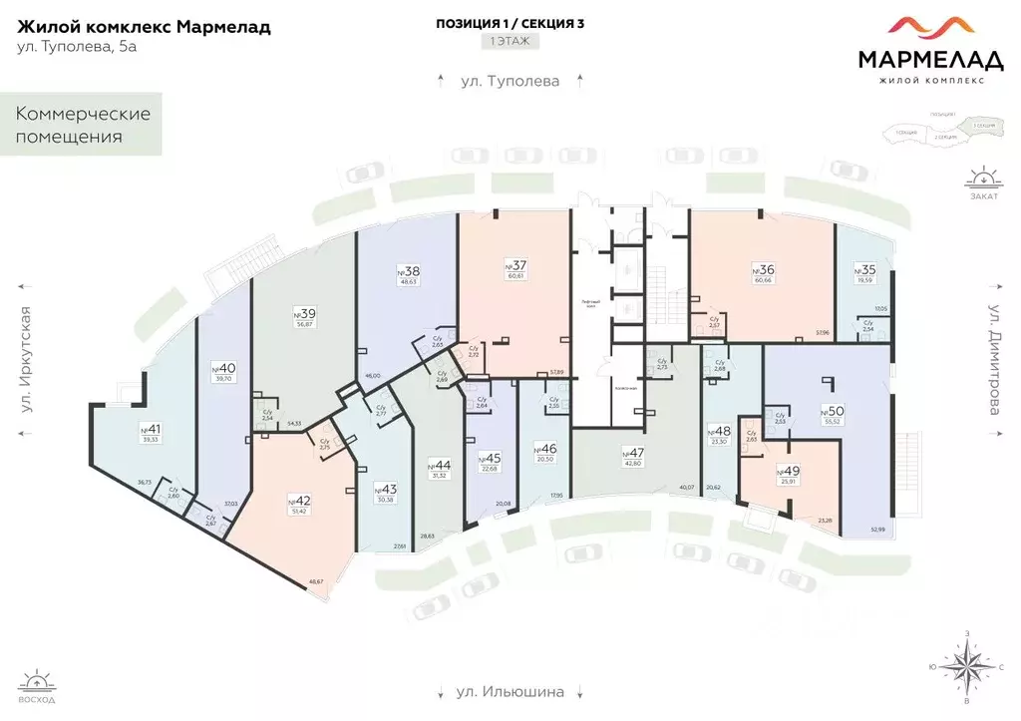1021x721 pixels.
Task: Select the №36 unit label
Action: (764, 269)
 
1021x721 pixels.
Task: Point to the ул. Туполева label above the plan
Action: (510, 81)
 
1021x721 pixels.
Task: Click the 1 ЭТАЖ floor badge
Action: (510, 42)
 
